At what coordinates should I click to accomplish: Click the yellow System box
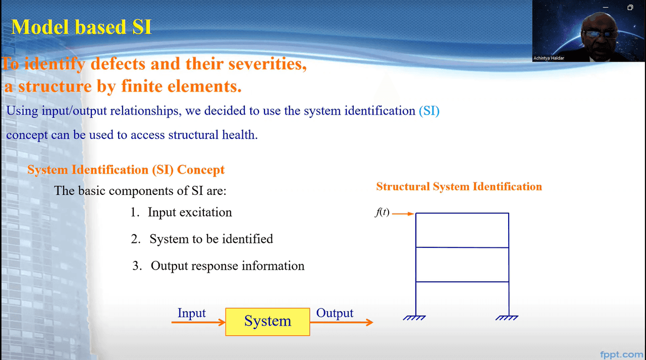pyautogui.click(x=267, y=322)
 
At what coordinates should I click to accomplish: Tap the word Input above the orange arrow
pyautogui.click(x=191, y=313)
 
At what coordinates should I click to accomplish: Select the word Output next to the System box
pyautogui.click(x=335, y=314)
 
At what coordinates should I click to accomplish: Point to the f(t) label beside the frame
pyautogui.click(x=382, y=212)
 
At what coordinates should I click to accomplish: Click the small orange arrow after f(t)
pyautogui.click(x=403, y=214)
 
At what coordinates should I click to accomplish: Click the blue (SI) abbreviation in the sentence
pyautogui.click(x=429, y=111)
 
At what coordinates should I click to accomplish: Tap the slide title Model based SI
pyautogui.click(x=81, y=27)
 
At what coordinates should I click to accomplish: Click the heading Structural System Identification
pyautogui.click(x=459, y=187)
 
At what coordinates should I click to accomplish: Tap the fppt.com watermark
pyautogui.click(x=621, y=354)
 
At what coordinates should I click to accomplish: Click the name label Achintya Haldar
pyautogui.click(x=549, y=58)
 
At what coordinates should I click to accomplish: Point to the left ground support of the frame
pyautogui.click(x=414, y=318)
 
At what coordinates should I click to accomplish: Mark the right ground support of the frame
pyautogui.click(x=507, y=318)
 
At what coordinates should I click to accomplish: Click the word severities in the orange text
pyautogui.click(x=267, y=64)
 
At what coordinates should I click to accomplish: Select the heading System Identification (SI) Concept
pyautogui.click(x=126, y=170)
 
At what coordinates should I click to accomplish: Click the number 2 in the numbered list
pyautogui.click(x=135, y=239)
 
